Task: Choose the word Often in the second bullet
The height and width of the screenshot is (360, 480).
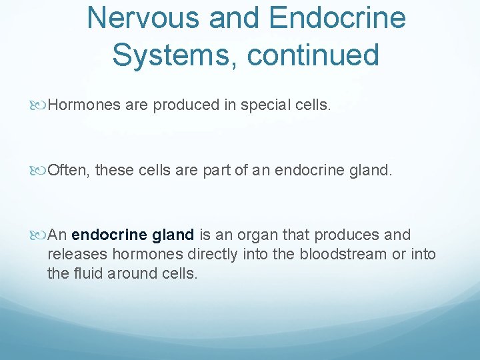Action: point(68,171)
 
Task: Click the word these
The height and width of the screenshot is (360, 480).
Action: point(115,171)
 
